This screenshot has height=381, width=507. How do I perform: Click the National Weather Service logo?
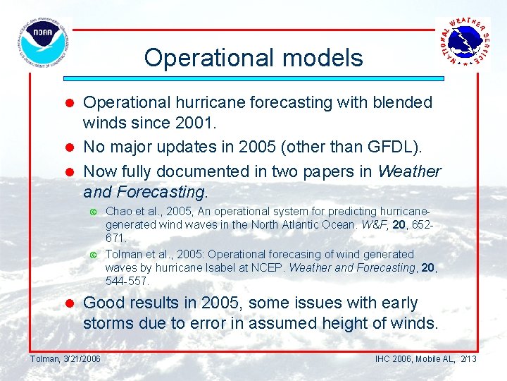(x=463, y=42)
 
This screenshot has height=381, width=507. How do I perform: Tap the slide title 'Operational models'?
(x=254, y=57)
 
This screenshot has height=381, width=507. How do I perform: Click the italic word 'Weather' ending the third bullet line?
(x=409, y=171)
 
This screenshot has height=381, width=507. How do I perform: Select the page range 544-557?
(x=127, y=281)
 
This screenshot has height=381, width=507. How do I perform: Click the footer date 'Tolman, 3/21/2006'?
(x=65, y=359)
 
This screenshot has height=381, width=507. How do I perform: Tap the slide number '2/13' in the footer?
(x=468, y=359)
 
